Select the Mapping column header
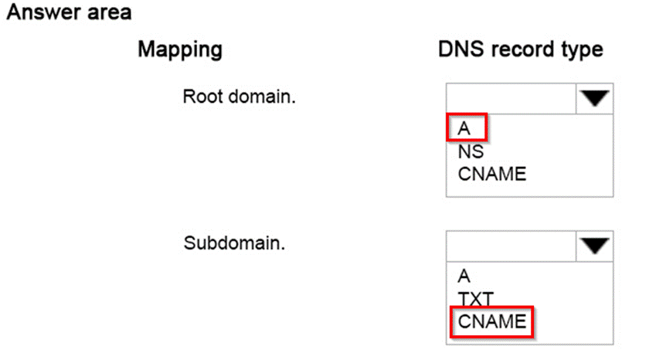(x=179, y=50)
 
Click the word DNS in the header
(x=462, y=50)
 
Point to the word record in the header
(x=525, y=50)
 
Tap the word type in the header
(x=583, y=51)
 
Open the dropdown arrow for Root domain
(x=595, y=98)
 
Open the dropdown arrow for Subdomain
(x=595, y=246)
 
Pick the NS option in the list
(x=471, y=152)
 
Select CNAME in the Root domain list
(x=491, y=174)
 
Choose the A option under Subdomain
(x=464, y=276)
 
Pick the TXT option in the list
(x=476, y=297)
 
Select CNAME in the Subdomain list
(x=491, y=320)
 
